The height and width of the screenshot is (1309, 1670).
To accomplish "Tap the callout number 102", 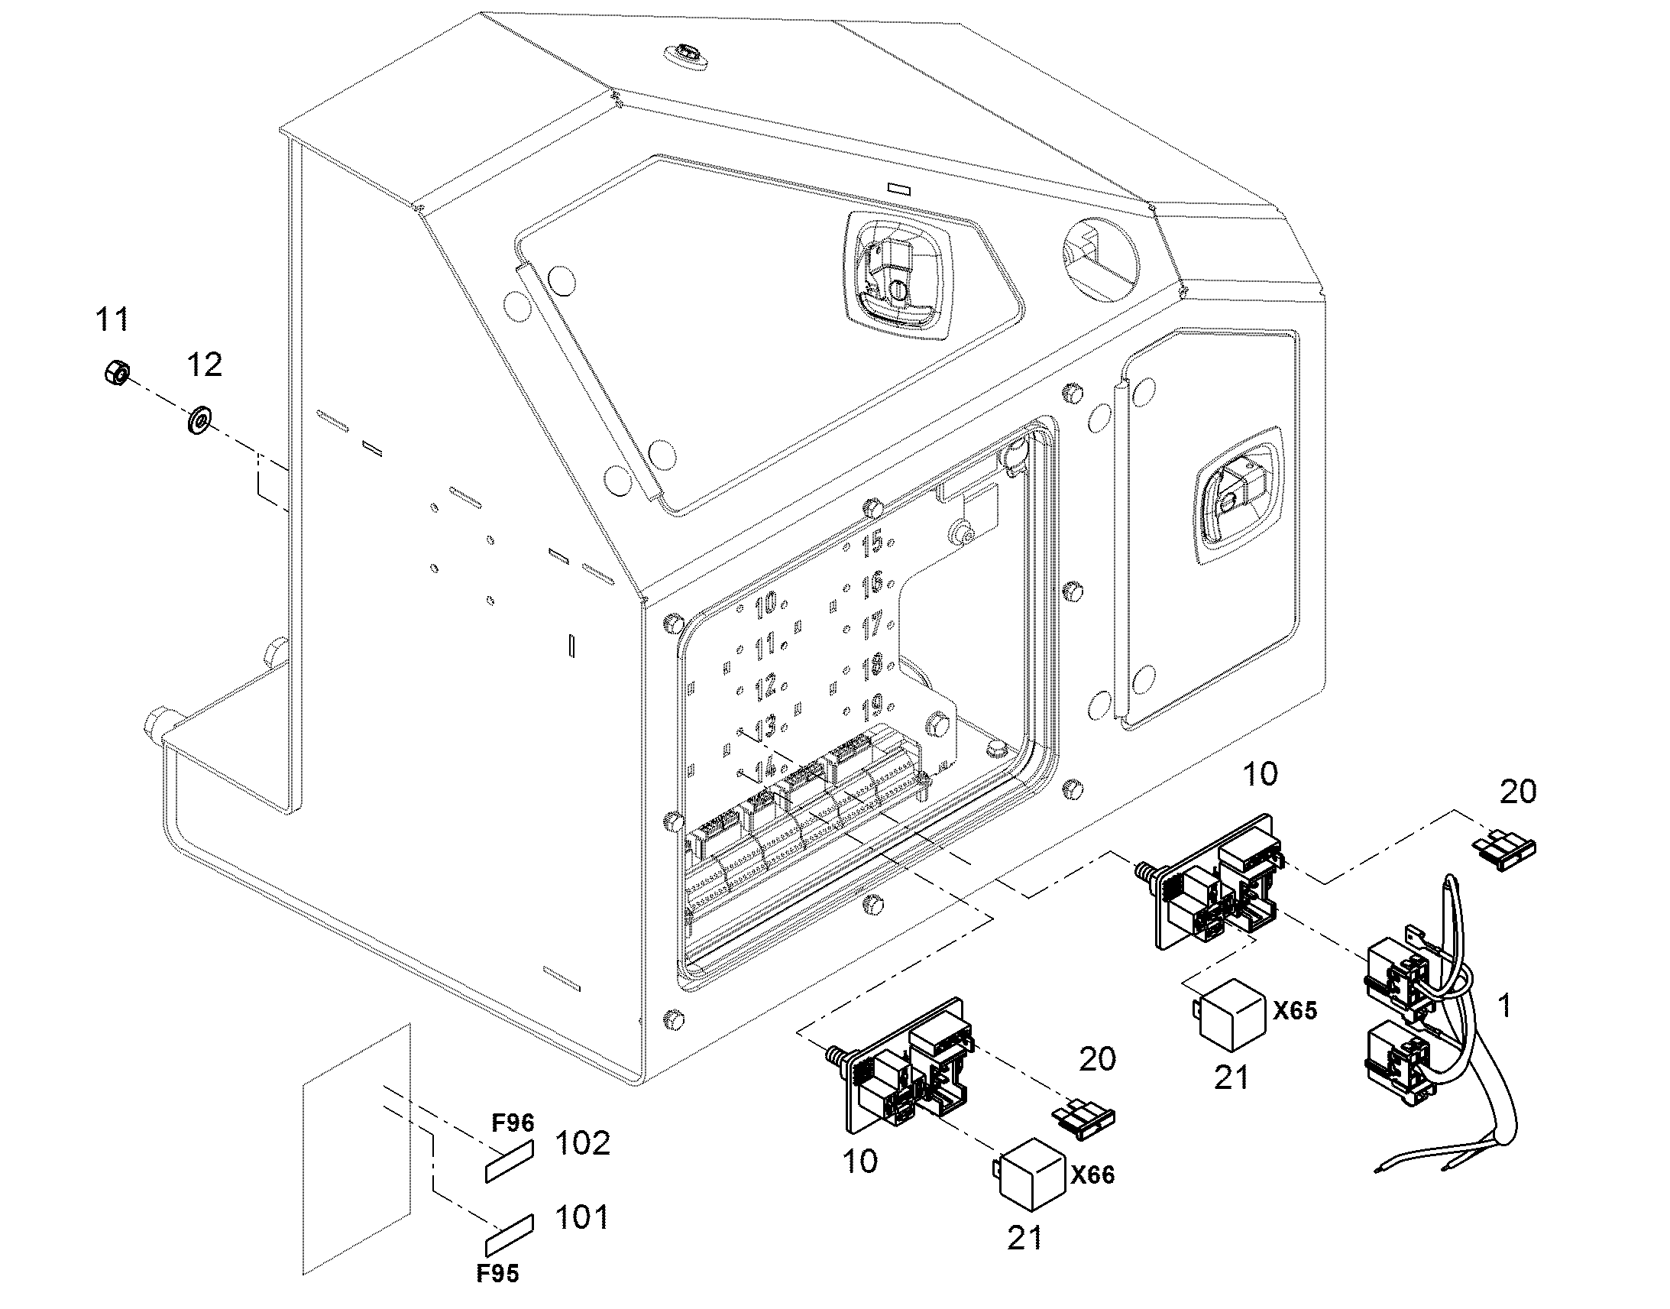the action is point(582,1142).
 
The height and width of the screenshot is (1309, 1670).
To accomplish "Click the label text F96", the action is point(512,1123).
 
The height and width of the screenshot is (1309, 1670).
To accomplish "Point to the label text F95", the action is point(497,1273).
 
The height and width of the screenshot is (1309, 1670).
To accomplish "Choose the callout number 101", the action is point(582,1217).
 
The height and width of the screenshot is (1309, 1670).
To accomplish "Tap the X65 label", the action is point(1295,1010).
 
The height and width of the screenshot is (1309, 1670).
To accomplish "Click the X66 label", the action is point(1092,1174).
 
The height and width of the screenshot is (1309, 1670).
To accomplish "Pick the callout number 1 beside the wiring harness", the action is point(1504,1005).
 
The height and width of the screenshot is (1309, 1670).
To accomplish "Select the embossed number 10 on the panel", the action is point(765,605).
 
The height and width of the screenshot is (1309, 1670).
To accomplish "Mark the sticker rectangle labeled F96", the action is point(510,1160).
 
